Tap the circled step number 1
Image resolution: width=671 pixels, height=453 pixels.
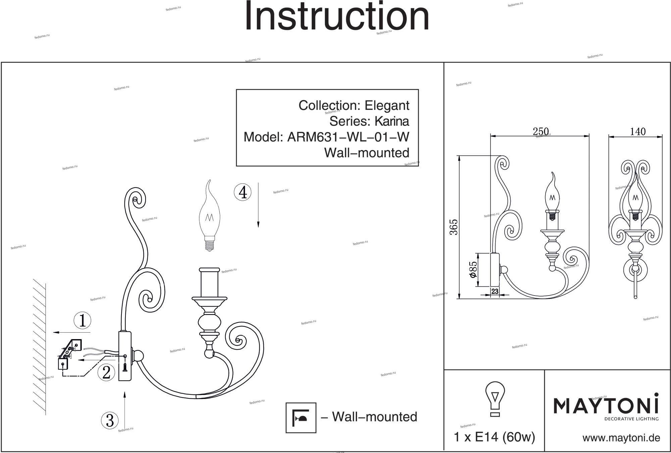pos(82,320)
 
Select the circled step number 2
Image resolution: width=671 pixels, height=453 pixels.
pos(106,372)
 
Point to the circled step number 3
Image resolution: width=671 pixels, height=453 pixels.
pos(110,420)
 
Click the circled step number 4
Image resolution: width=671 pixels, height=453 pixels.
pos(243,192)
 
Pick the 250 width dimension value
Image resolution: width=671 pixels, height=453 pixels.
pos(540,132)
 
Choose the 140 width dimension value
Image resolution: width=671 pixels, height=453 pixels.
pos(637,132)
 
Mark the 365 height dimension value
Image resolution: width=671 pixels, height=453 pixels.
pos(453,227)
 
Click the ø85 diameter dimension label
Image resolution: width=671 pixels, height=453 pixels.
pos(473,270)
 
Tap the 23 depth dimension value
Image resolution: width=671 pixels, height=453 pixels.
pos(495,292)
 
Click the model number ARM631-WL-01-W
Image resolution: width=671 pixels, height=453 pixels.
pos(348,137)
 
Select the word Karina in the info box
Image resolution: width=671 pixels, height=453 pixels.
pos(392,121)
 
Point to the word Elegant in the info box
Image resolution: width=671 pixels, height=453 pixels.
pos(387,106)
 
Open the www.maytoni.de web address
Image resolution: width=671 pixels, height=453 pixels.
pos(621,438)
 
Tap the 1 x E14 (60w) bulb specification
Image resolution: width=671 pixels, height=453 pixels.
pos(494,437)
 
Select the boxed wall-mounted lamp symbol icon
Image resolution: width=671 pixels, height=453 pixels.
pos(301,417)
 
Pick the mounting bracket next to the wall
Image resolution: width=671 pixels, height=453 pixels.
pos(70,354)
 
